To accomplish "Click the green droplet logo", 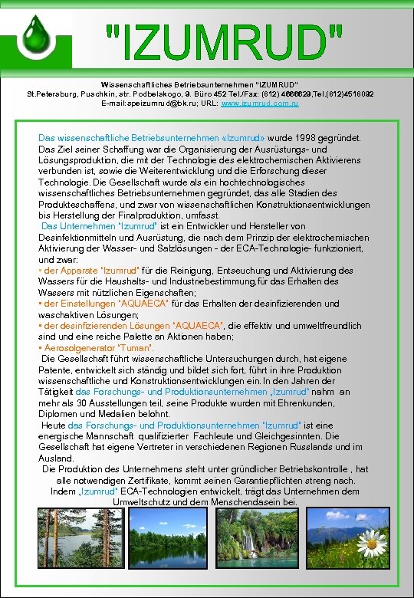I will coord(35,34).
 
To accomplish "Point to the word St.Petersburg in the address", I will coord(54,93).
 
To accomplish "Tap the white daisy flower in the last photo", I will coord(372,544).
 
